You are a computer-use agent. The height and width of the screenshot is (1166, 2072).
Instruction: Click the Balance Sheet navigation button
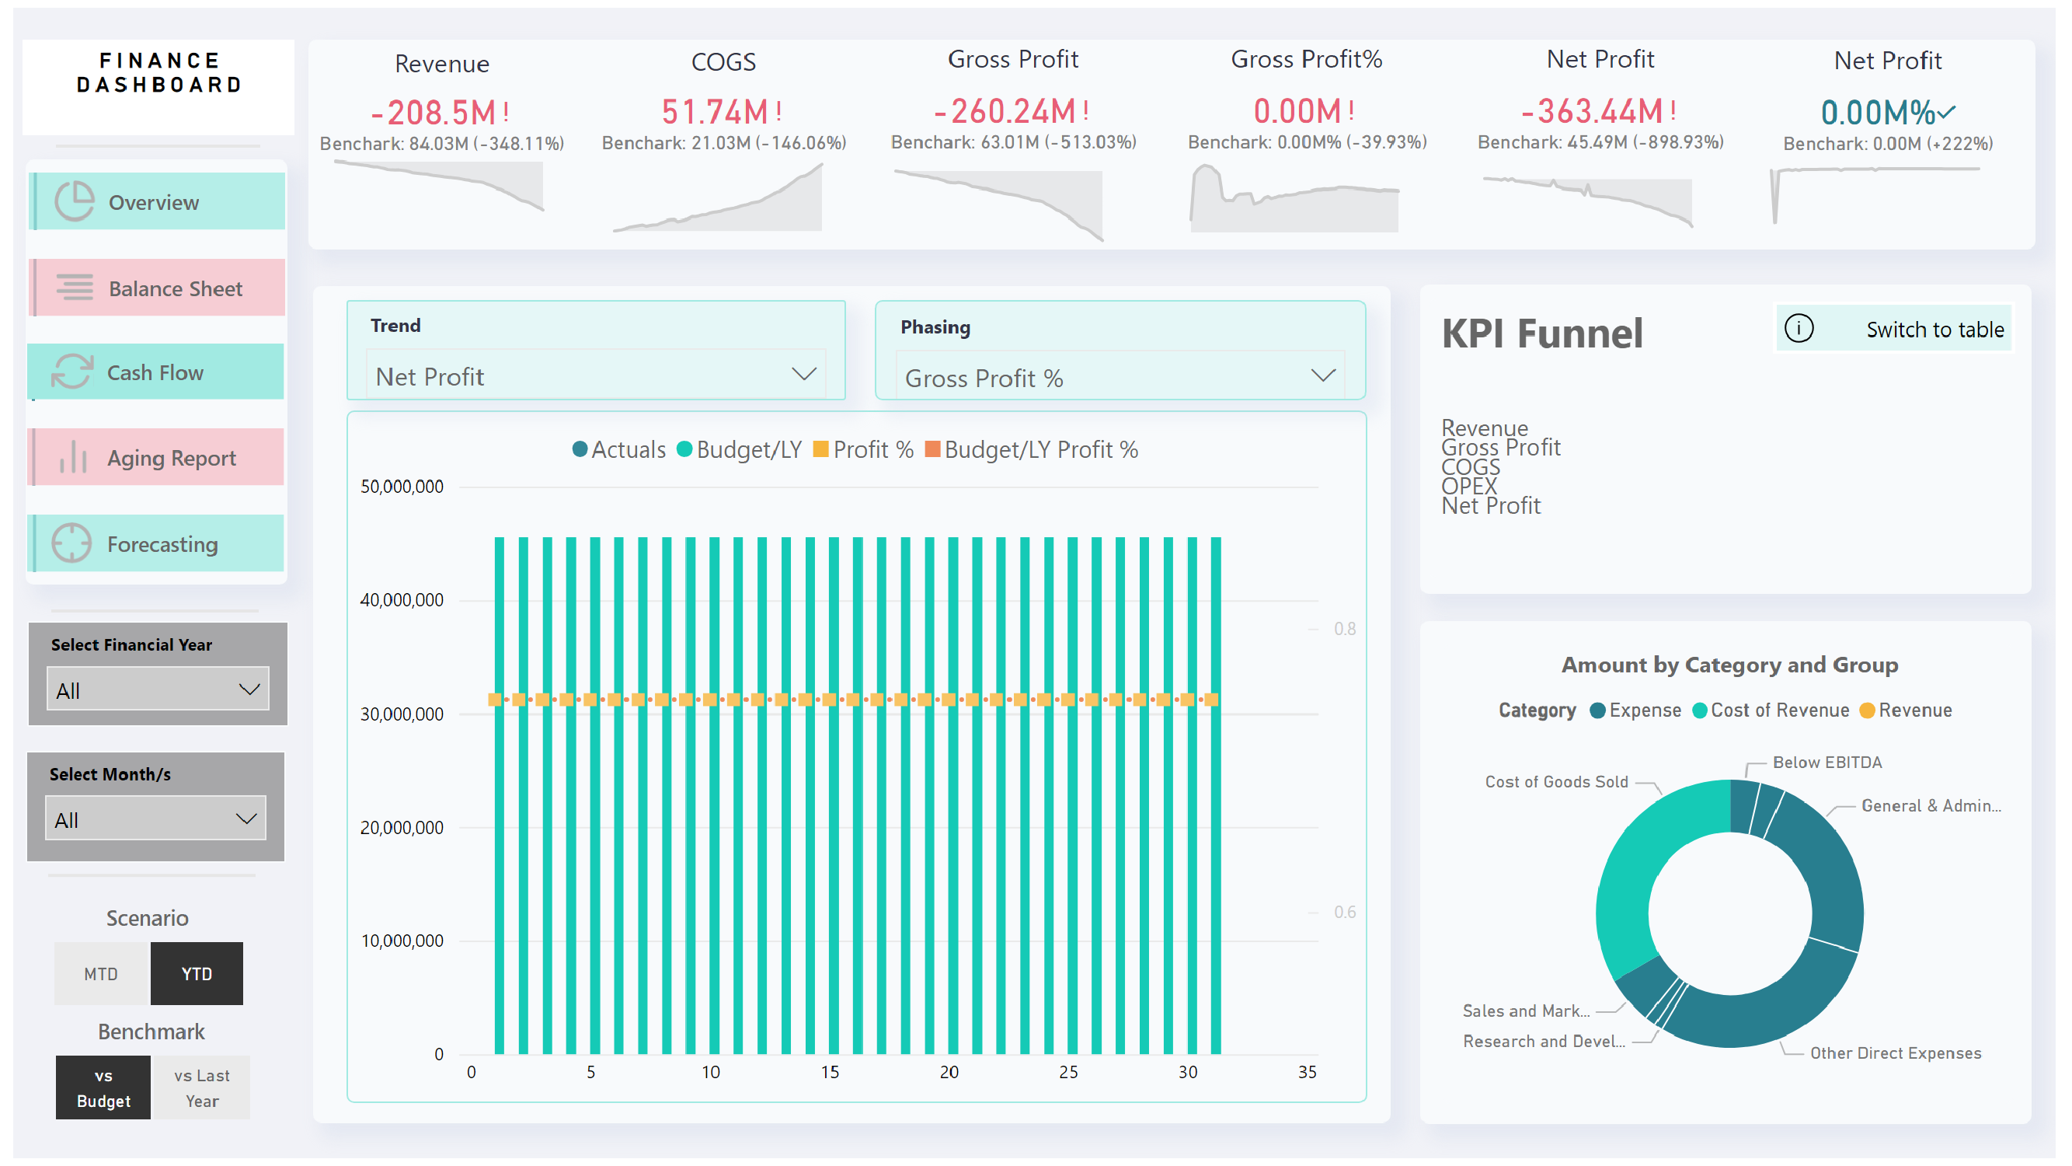pyautogui.click(x=158, y=288)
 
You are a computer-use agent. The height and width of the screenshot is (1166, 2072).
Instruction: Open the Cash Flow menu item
pyautogui.click(x=156, y=372)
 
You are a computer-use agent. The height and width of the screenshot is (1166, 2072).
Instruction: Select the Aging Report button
pyautogui.click(x=156, y=458)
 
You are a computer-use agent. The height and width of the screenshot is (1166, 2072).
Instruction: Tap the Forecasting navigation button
pyautogui.click(x=156, y=544)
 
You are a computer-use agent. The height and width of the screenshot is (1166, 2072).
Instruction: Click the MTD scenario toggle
pyautogui.click(x=101, y=974)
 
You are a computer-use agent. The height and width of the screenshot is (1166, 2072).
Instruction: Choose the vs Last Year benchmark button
pyautogui.click(x=201, y=1087)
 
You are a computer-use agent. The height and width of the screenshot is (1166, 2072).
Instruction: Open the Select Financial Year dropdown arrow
pyautogui.click(x=249, y=689)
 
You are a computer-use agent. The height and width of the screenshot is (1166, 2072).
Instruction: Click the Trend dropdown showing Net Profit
pyautogui.click(x=595, y=375)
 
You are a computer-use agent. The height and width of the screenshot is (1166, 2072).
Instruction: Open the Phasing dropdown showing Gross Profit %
pyautogui.click(x=1120, y=378)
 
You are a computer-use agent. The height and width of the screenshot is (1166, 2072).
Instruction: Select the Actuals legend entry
pyautogui.click(x=619, y=450)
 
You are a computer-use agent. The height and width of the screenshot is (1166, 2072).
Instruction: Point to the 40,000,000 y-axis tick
pyautogui.click(x=402, y=600)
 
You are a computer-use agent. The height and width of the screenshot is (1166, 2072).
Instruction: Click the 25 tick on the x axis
pyautogui.click(x=1068, y=1072)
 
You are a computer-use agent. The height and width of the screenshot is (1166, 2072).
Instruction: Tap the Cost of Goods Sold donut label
pyautogui.click(x=1555, y=781)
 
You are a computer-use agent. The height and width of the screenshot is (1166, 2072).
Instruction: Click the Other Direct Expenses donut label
pyautogui.click(x=1895, y=1053)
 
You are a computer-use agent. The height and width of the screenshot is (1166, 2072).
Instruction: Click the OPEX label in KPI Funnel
pyautogui.click(x=1469, y=486)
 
